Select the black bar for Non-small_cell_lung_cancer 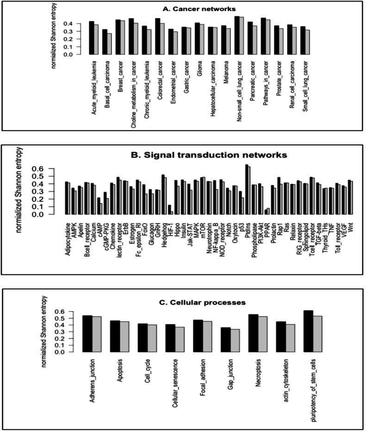pyautogui.click(x=236, y=36)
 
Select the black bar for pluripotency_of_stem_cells pyautogui.click(x=308, y=331)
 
